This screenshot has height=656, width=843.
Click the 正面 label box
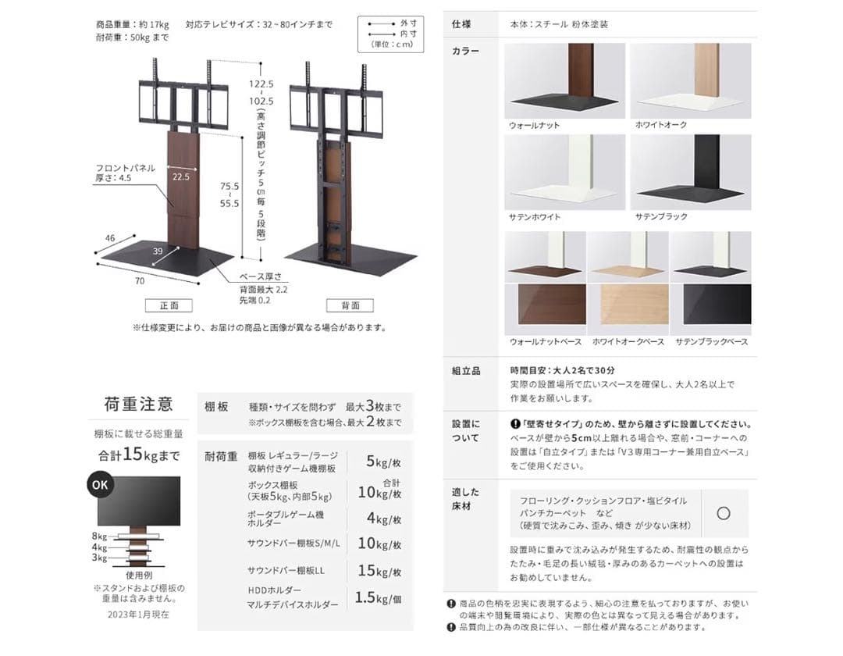tap(169, 305)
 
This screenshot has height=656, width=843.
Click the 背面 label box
tap(349, 305)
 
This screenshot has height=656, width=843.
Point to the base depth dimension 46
tap(110, 237)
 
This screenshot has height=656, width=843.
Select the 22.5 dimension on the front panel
tap(181, 177)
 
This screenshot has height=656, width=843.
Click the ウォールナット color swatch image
tap(564, 80)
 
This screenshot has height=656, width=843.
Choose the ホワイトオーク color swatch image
tap(690, 80)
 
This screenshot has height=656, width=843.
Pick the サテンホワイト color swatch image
tap(564, 172)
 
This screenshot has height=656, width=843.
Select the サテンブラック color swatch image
tap(690, 172)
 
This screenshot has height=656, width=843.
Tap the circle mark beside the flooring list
tap(723, 513)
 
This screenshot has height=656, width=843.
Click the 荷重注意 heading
tap(138, 405)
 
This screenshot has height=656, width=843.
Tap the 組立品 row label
tap(466, 370)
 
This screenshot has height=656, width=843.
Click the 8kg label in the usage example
tap(99, 536)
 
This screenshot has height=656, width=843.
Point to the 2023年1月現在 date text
tap(138, 615)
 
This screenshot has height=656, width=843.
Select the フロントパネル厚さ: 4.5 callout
tap(125, 173)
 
